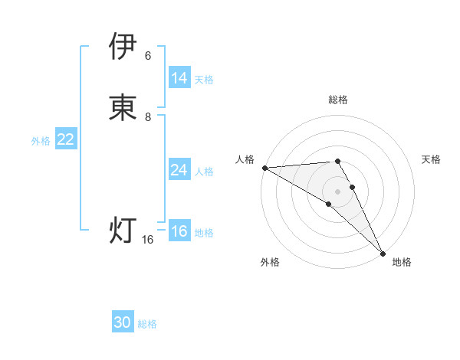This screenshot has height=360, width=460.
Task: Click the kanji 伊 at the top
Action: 123,47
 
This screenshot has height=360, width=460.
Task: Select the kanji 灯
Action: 123,230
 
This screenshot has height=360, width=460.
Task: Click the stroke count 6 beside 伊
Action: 148,56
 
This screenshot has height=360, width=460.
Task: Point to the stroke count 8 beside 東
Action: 148,117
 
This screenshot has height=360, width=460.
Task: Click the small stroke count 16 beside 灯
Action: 148,240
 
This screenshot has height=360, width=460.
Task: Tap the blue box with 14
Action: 179,78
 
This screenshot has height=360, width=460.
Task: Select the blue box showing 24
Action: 179,170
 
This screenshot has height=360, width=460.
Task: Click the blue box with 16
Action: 179,232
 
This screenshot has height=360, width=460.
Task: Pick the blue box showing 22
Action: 65,139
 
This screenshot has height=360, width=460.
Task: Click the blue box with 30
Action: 123,322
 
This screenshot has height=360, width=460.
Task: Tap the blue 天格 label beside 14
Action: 204,79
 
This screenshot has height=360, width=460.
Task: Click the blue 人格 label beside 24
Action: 204,171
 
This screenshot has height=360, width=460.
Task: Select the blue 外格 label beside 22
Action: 41,140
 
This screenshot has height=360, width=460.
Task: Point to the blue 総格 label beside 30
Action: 147,324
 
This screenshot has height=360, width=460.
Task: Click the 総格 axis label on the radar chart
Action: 338,100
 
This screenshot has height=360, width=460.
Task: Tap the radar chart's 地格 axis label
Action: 402,262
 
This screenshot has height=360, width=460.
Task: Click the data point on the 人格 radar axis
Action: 264,167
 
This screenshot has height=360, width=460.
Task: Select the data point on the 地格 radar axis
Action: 383,253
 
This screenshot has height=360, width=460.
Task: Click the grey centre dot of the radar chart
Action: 338,191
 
